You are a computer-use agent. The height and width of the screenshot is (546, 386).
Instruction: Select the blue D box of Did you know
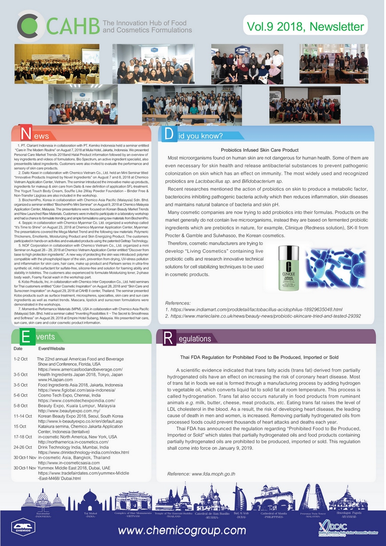(x=169, y=134)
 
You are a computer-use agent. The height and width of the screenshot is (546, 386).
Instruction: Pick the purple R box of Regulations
(x=168, y=338)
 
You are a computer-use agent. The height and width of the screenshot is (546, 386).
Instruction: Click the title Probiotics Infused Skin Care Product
(x=259, y=150)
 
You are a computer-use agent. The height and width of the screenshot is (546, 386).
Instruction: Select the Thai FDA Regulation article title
(x=259, y=358)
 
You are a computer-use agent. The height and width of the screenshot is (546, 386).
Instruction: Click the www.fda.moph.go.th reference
(x=201, y=474)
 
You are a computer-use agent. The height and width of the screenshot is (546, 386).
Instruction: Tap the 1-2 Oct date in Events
(x=21, y=359)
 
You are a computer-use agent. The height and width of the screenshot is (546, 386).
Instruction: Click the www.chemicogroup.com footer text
(x=182, y=530)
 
